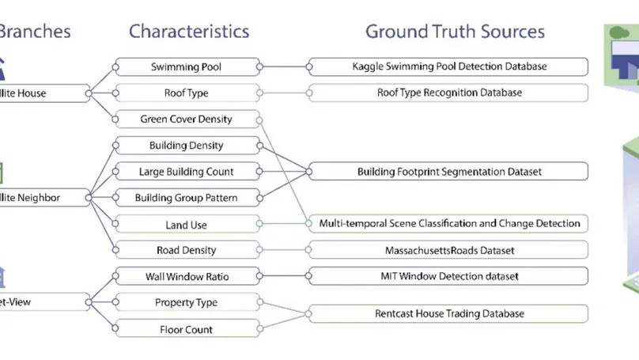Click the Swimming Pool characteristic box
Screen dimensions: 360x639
(x=187, y=67)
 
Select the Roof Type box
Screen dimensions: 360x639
(x=187, y=93)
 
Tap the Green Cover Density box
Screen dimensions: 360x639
(x=187, y=119)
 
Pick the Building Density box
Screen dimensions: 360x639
(x=187, y=146)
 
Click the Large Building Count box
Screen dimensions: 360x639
(x=187, y=172)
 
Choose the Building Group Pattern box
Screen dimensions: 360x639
(x=187, y=198)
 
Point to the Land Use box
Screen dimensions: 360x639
(x=187, y=225)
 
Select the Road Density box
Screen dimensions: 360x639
(x=187, y=251)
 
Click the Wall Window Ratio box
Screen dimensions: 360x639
(x=187, y=276)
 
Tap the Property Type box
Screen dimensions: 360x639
(x=187, y=302)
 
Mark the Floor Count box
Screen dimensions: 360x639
(x=187, y=328)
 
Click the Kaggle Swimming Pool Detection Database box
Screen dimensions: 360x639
(x=449, y=67)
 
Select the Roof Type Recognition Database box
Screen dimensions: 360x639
(x=449, y=93)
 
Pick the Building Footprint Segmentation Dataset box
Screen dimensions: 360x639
(x=449, y=172)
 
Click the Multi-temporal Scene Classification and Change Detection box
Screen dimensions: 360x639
(x=449, y=224)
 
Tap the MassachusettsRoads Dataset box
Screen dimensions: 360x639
(x=449, y=251)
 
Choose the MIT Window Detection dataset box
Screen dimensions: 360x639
(x=449, y=276)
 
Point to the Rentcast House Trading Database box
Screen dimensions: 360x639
(x=449, y=314)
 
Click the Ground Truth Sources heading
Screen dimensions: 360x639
(x=455, y=32)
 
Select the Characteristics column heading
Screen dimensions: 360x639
(x=189, y=32)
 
